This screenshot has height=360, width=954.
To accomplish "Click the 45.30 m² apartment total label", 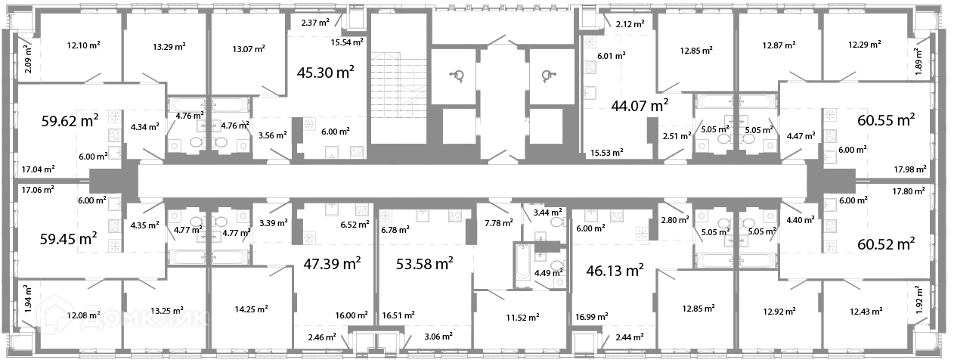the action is [325, 73].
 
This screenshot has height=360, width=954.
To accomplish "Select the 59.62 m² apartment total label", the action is [70, 120].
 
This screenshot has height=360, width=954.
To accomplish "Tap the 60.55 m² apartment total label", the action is [886, 120].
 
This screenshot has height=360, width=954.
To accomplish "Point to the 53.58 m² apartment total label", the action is [425, 264].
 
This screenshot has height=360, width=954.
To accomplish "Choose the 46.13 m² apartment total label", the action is [615, 271].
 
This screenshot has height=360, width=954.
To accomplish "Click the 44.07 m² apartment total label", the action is [640, 106].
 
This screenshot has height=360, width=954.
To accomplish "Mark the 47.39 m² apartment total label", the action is [332, 264].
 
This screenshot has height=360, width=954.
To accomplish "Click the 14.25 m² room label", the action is [251, 309].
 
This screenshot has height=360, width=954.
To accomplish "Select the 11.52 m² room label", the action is [522, 318].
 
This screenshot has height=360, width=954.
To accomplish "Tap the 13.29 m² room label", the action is [169, 46].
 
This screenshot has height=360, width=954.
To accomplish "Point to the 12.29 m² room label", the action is [865, 45].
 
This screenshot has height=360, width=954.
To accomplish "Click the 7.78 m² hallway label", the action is [499, 222].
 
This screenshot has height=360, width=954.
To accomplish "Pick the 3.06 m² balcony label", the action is [438, 337].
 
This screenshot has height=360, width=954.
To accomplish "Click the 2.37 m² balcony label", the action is [315, 23].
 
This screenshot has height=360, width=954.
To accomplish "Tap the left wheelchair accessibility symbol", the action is [457, 76].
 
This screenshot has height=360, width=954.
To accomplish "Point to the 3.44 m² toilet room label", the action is [548, 213].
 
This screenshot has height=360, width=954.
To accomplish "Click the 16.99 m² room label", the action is [591, 317].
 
